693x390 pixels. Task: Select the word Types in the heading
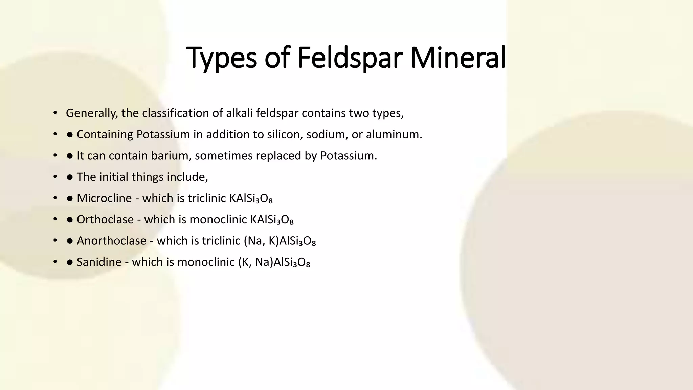click(222, 58)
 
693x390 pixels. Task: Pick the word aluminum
click(394, 134)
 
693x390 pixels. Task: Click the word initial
click(114, 177)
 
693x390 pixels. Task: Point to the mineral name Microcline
click(104, 198)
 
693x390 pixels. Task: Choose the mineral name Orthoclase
click(105, 220)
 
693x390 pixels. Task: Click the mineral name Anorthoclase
click(111, 241)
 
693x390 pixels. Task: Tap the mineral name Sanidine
click(99, 262)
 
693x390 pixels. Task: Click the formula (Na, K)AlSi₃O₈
click(280, 241)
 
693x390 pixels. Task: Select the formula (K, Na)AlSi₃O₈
click(274, 262)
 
